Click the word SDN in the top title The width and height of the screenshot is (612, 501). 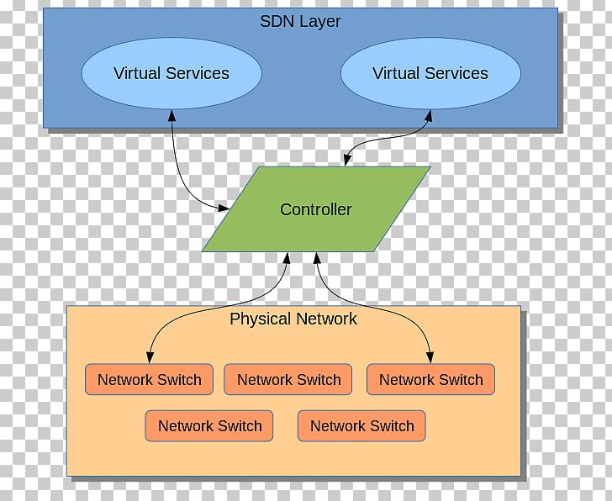click(x=277, y=22)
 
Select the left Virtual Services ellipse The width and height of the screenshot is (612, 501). click(x=171, y=73)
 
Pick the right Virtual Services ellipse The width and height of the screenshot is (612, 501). click(x=430, y=73)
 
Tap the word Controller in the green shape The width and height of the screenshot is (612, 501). click(x=315, y=209)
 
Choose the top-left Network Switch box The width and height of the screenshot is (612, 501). click(x=149, y=380)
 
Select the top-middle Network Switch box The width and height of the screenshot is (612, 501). click(x=288, y=380)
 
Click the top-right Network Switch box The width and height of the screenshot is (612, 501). click(x=430, y=380)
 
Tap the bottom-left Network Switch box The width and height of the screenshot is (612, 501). click(x=209, y=426)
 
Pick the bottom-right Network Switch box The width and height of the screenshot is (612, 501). click(x=361, y=426)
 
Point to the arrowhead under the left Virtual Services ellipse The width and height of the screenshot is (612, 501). click(x=172, y=115)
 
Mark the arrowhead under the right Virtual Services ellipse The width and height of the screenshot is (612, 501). click(x=430, y=115)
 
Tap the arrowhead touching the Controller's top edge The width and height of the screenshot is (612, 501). click(x=346, y=161)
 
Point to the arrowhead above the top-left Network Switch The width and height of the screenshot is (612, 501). click(x=150, y=356)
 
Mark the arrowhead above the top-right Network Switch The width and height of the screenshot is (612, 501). click(x=430, y=356)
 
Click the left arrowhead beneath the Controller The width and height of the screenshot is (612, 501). click(x=287, y=258)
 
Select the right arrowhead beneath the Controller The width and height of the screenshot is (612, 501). click(x=316, y=258)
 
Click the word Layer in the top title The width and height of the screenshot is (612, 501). click(x=322, y=22)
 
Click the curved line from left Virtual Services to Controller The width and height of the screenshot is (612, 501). click(x=180, y=172)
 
